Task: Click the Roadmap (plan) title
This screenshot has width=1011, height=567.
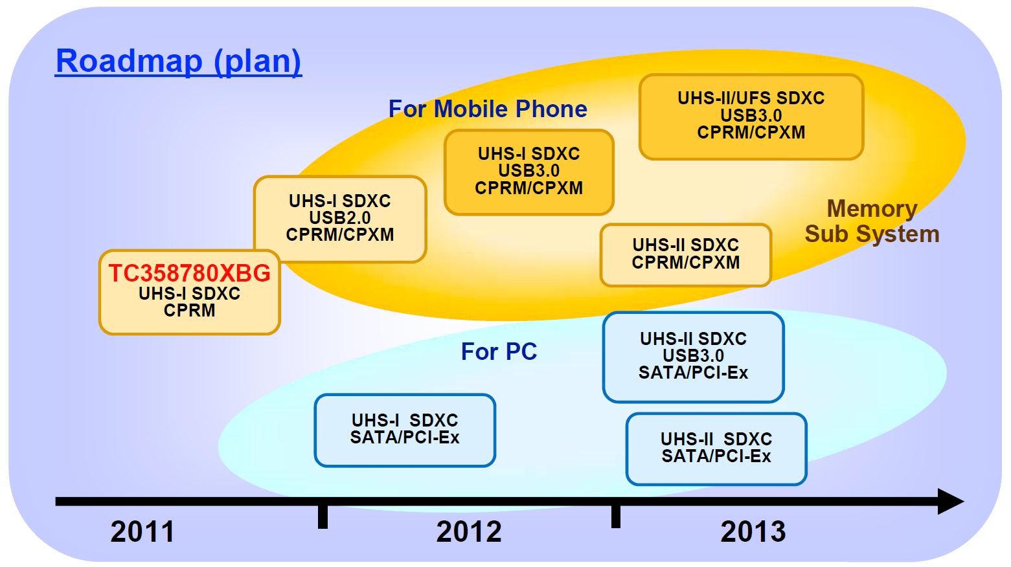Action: (179, 61)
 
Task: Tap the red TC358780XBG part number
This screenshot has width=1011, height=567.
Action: (190, 273)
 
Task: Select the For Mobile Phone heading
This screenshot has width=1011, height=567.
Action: (488, 109)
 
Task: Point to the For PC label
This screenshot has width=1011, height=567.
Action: (499, 351)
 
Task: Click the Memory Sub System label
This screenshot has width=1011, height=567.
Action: (872, 221)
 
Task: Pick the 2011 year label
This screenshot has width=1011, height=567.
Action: (142, 532)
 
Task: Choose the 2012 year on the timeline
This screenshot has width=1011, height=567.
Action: (469, 532)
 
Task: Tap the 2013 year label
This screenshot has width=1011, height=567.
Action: (753, 532)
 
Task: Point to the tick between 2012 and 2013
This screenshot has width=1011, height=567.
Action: (616, 517)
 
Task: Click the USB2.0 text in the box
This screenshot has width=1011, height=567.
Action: (340, 218)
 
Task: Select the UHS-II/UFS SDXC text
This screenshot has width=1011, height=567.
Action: (751, 98)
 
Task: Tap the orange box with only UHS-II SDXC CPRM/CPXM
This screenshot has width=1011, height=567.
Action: (686, 255)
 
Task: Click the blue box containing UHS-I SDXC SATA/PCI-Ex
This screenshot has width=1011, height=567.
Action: (405, 430)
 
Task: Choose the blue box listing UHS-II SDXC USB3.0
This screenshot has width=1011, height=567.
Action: (693, 357)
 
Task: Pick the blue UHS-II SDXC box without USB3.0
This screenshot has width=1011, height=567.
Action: (716, 449)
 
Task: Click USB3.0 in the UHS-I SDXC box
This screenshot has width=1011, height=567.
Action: (529, 171)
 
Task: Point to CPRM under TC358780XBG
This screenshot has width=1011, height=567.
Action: (190, 310)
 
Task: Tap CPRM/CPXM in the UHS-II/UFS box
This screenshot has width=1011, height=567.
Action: (751, 133)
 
